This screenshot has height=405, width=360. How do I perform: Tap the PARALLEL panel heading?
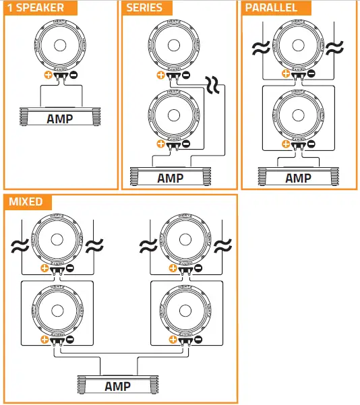tap(271, 8)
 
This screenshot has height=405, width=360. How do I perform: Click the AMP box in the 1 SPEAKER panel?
tap(59, 119)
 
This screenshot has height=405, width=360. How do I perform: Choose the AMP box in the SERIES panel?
tap(170, 178)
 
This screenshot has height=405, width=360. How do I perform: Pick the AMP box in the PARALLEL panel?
tap(298, 178)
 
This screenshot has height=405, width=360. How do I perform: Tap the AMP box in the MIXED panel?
tap(118, 387)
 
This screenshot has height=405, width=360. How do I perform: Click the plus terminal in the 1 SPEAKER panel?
tap(47, 76)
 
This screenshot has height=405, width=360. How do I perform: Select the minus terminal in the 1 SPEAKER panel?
tap(72, 76)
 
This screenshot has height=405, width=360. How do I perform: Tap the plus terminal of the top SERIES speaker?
tap(160, 75)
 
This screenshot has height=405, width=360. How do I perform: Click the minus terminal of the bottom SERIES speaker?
tap(185, 144)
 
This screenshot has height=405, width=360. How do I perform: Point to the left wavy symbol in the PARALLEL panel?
tap(258, 49)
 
